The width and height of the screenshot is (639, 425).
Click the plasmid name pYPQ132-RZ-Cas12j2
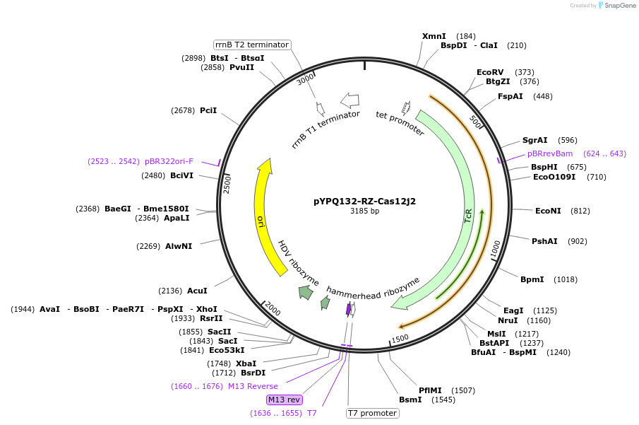click(x=364, y=201)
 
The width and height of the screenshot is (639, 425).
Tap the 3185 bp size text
click(x=364, y=211)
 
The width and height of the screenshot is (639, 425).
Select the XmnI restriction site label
click(x=434, y=36)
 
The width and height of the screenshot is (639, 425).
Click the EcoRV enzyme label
click(x=490, y=72)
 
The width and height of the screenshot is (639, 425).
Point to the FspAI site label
click(x=510, y=96)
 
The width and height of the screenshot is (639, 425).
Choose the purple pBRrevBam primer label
click(x=550, y=153)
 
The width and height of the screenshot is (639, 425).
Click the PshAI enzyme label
click(x=544, y=241)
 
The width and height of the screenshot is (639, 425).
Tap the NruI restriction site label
click(x=508, y=320)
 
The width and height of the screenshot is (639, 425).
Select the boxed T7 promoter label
click(x=372, y=413)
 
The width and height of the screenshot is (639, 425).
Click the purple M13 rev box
click(x=285, y=400)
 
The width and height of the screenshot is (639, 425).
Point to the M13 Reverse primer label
click(x=253, y=386)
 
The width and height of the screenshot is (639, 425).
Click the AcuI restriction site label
click(x=197, y=291)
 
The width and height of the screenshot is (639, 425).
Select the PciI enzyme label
click(x=208, y=110)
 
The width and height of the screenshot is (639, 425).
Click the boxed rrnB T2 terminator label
click(x=252, y=45)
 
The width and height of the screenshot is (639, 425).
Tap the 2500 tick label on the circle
click(x=227, y=184)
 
